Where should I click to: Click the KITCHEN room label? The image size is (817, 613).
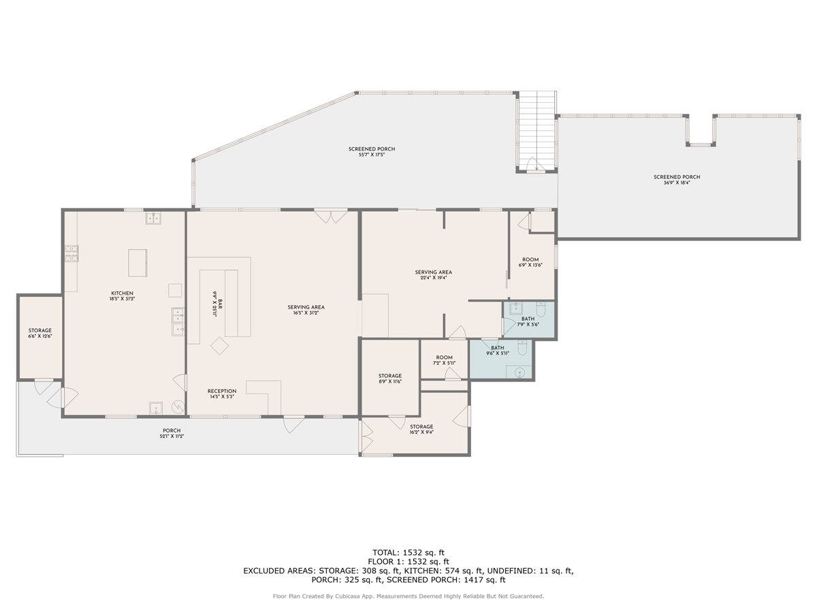122,293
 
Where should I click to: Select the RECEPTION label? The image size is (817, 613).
222,391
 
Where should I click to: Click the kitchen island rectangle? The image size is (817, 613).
138,262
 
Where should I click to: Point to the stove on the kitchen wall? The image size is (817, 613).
71,253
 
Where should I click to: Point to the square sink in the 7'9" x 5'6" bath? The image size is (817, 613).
515,307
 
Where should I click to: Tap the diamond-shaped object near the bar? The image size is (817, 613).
219,346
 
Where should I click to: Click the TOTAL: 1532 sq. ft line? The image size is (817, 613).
408,552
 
